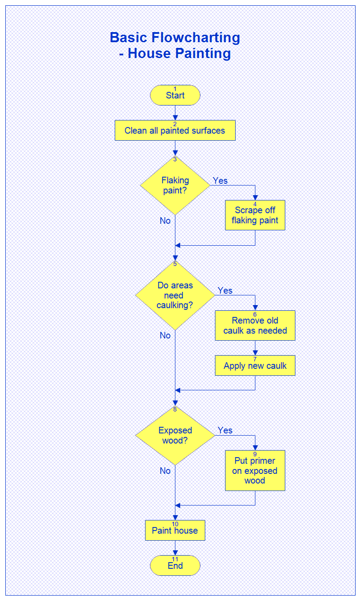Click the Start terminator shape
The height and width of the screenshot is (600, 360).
(175, 95)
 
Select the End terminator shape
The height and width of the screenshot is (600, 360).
(175, 566)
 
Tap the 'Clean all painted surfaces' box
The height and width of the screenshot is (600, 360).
(175, 131)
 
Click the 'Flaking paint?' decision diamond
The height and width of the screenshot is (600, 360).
(175, 185)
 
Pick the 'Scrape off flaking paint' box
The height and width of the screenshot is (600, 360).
(255, 215)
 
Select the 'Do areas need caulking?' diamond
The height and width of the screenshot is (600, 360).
(175, 295)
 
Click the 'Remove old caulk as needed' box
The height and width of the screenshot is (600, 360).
(255, 326)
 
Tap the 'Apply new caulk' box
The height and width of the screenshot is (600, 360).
(255, 366)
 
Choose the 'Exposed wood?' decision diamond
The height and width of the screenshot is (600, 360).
(175, 435)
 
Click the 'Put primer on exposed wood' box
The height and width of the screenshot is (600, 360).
(255, 471)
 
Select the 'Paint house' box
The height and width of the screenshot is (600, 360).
(175, 531)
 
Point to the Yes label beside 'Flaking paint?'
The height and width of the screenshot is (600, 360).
(220, 181)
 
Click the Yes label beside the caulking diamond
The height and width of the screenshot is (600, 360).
(225, 291)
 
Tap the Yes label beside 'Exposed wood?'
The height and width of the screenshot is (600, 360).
(225, 430)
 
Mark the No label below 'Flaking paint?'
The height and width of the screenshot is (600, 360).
(165, 221)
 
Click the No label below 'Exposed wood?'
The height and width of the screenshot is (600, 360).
(165, 471)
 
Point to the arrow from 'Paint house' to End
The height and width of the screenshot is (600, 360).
(175, 548)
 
